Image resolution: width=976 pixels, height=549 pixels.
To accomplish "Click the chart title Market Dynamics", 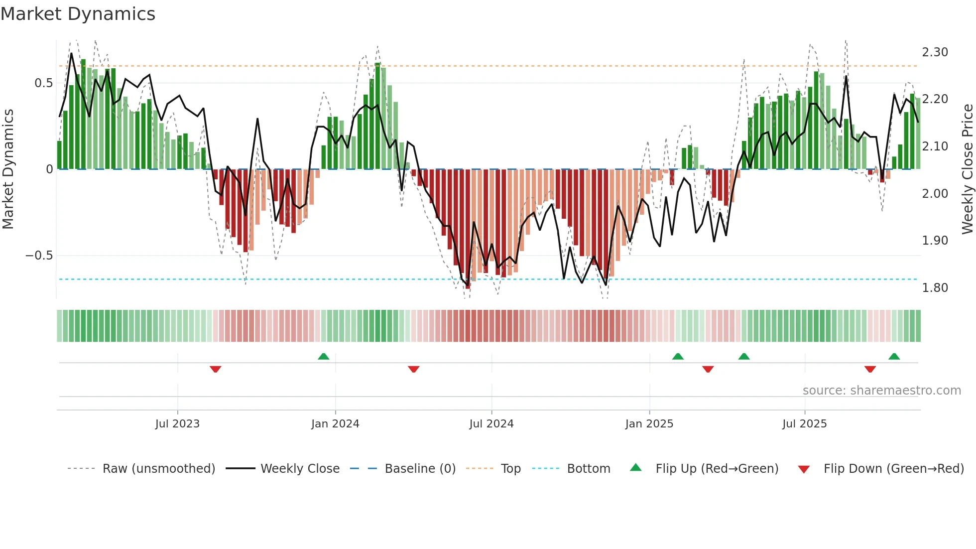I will (x=78, y=14).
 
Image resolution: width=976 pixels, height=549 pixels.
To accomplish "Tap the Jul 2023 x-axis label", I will (x=177, y=424).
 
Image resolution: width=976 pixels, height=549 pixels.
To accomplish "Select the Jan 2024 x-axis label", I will (x=335, y=424).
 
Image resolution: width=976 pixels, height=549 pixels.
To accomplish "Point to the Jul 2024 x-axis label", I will (x=491, y=424).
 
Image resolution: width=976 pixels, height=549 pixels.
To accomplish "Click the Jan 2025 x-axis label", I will (x=649, y=424).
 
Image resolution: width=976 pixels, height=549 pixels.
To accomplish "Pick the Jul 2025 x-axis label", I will (x=805, y=424).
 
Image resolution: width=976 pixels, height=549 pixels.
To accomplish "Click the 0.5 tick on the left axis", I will (x=43, y=83).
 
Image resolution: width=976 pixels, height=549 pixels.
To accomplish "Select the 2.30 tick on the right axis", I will (x=935, y=52).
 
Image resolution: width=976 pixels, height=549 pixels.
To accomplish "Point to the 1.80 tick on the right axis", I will (x=935, y=288).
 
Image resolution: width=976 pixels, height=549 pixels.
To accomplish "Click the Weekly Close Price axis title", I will (x=968, y=169).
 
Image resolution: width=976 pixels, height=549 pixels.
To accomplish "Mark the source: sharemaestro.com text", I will (x=881, y=391).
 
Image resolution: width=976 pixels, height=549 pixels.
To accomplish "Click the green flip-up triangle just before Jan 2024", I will (x=324, y=356).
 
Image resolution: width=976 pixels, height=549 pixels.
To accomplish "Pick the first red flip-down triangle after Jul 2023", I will (x=215, y=369).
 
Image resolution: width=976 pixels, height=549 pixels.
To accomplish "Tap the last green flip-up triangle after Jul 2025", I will (x=894, y=356).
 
